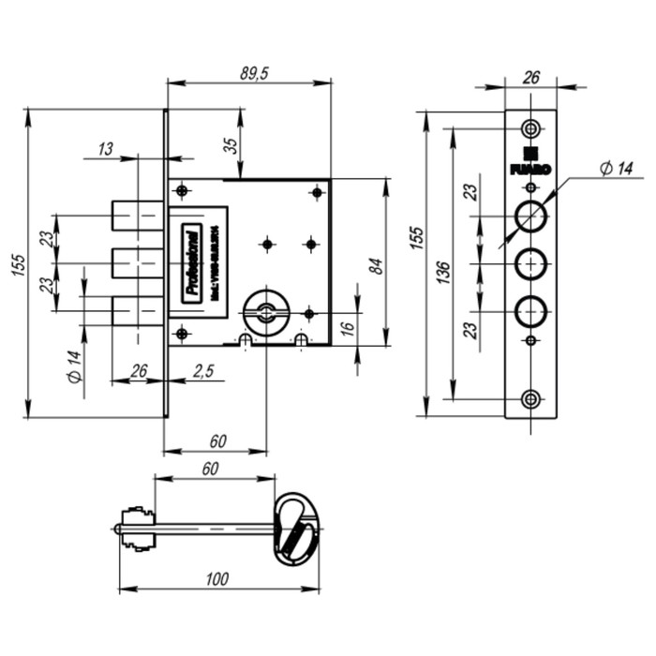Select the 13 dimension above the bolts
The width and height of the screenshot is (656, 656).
click(105, 149)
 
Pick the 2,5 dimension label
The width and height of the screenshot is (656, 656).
click(203, 371)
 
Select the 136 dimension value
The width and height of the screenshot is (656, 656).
click(442, 272)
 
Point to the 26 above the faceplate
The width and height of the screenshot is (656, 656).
click(530, 78)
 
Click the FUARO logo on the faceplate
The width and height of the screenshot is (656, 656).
click(530, 163)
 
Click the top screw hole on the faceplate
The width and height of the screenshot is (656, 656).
click(531, 128)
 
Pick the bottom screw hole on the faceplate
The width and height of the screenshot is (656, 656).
click(531, 399)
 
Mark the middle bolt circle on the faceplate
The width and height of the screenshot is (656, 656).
click(531, 263)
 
